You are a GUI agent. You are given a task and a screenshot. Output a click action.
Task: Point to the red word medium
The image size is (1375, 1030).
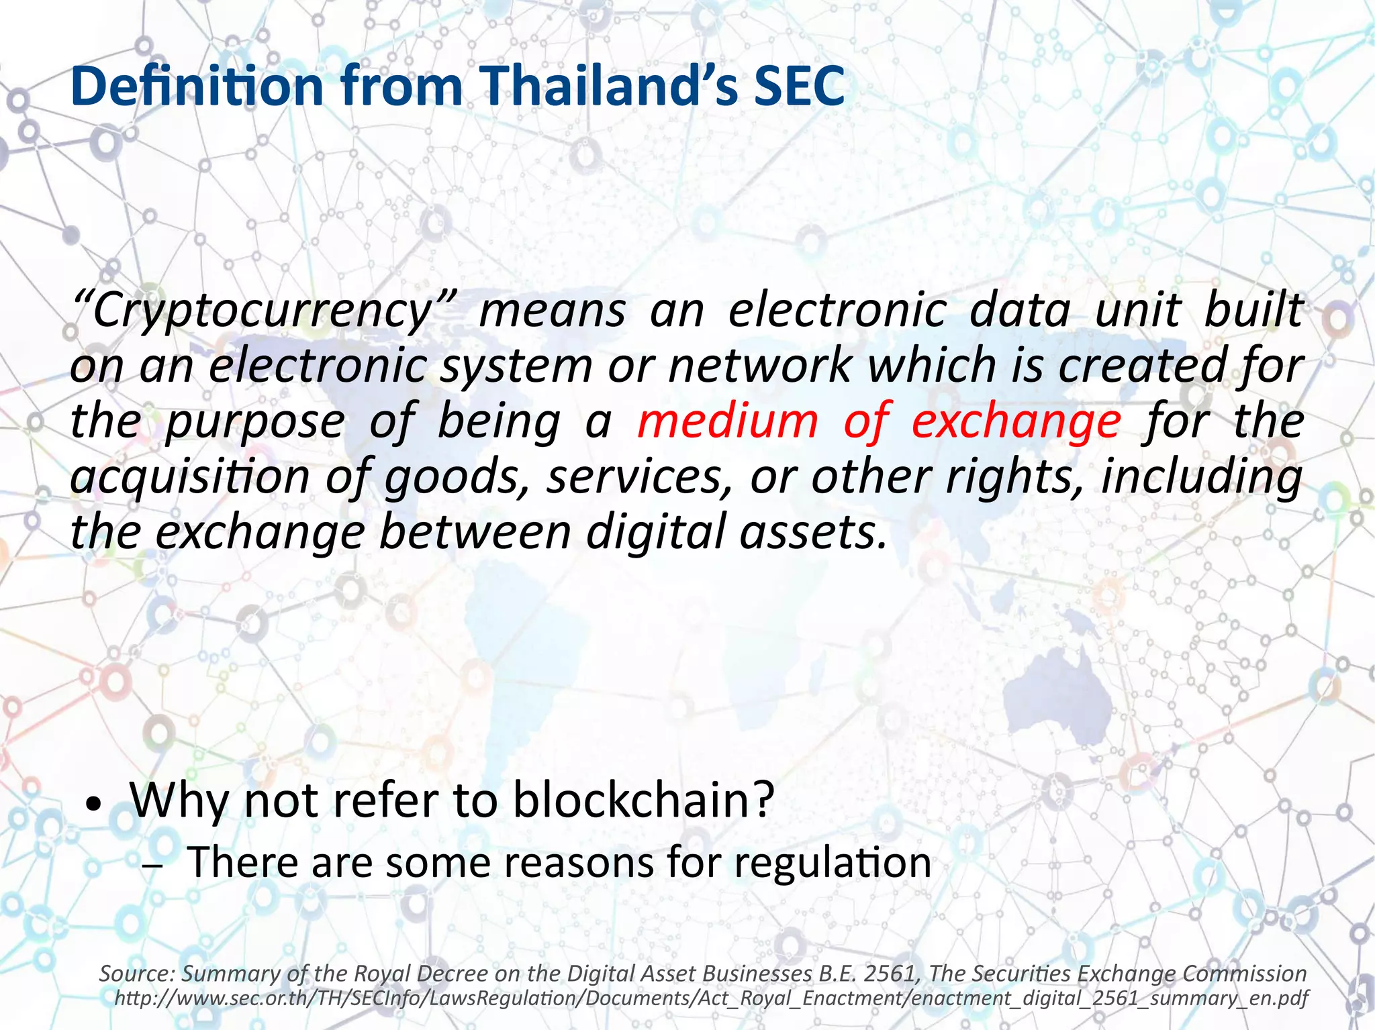(728, 421)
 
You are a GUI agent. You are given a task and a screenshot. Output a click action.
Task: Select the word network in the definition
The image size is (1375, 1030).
(759, 366)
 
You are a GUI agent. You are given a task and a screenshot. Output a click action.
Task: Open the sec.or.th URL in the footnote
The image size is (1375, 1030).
(711, 998)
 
